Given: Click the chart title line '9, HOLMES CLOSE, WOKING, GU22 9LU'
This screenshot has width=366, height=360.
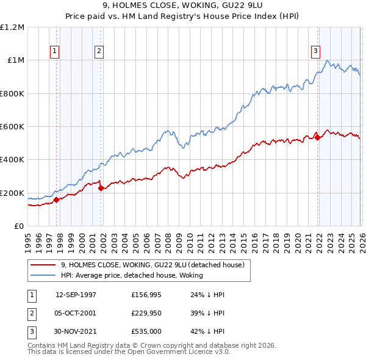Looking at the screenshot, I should coord(183,5).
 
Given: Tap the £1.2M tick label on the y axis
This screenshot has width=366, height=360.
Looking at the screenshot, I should coord(12,27).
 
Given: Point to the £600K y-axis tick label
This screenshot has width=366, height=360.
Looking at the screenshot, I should coord(12,127).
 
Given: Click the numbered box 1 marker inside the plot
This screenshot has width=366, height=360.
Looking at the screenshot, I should coord(56,52).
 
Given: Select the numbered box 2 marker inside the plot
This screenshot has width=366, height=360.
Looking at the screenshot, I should coord(98,52).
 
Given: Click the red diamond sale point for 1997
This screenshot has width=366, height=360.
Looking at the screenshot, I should coord(56,200).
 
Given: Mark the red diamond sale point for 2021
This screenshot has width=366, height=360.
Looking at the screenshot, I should coord(317,137).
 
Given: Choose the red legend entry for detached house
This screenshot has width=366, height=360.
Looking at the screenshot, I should coord(152,265).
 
